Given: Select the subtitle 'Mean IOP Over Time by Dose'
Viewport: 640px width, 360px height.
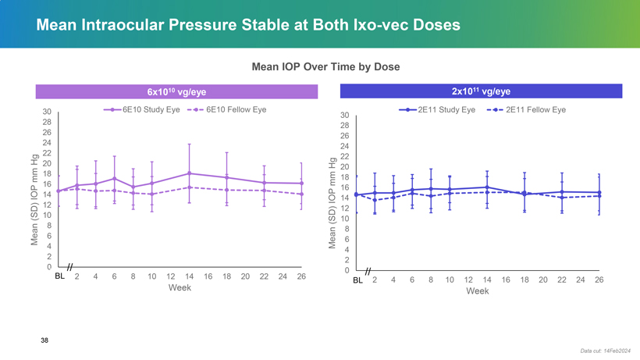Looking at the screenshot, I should [325, 67].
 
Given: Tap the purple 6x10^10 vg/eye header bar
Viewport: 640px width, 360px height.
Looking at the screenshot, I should [176, 92].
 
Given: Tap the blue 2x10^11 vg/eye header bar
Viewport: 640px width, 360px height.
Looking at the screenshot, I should [481, 92].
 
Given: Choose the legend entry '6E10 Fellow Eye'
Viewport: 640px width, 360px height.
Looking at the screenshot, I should [236, 110].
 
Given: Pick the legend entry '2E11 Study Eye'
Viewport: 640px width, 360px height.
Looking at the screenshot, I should [446, 110].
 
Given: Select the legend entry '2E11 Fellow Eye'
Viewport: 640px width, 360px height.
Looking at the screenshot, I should [535, 110].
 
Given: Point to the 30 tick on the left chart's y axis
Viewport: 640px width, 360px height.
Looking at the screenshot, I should [47, 112].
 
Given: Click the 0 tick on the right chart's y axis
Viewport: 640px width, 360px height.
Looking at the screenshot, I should [347, 270].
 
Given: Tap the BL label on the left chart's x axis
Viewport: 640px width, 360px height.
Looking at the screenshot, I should [59, 276].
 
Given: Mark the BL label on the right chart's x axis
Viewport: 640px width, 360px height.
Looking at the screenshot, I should [357, 280].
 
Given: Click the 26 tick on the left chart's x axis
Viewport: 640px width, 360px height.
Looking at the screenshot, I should [301, 276].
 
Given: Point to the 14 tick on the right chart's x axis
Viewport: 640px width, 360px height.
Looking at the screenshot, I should [487, 280].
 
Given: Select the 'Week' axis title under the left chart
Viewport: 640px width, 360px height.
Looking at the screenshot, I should [180, 287].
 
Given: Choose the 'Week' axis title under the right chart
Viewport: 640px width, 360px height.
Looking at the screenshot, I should [478, 291].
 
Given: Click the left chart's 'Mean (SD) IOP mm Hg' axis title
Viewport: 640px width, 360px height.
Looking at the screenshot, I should [35, 200].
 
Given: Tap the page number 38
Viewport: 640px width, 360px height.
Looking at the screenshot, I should [44, 340].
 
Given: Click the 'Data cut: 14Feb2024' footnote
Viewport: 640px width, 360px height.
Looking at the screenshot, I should [606, 351].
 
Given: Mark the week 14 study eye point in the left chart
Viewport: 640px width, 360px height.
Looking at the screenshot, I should [189, 173].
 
